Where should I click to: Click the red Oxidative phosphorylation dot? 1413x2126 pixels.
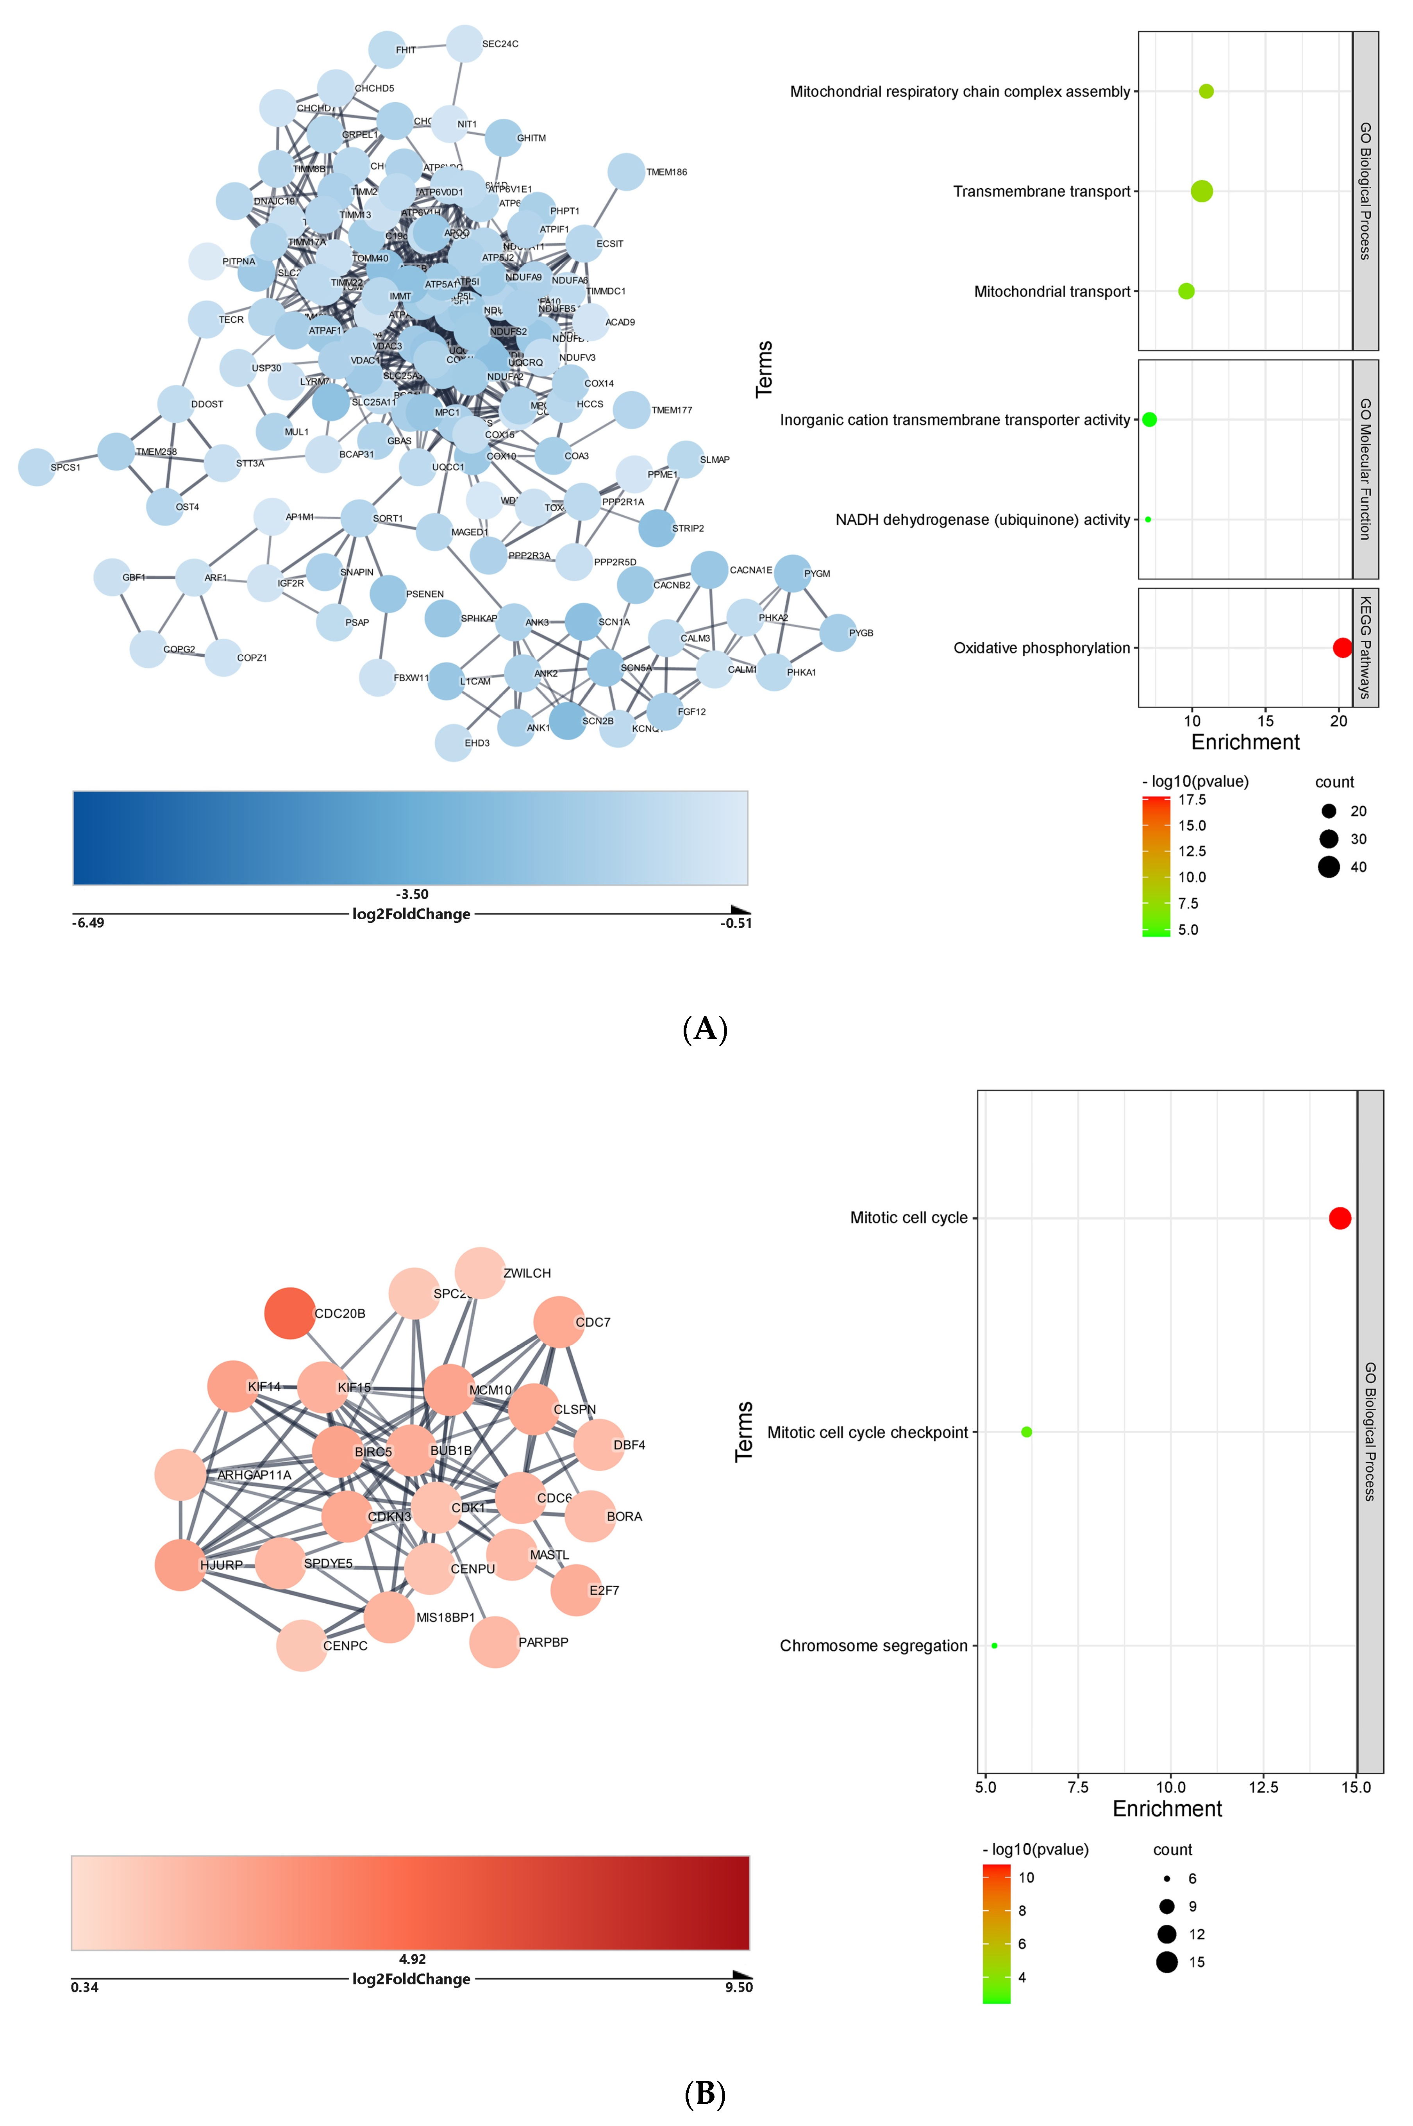click(1342, 648)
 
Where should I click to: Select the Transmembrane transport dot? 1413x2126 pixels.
click(1201, 191)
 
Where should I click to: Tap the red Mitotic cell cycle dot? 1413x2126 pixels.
click(1340, 1218)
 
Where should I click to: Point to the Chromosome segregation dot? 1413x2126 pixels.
click(994, 1645)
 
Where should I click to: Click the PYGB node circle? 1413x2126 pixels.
click(838, 632)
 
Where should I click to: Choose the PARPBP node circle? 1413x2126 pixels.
click(495, 1642)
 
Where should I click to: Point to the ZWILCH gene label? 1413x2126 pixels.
click(527, 1274)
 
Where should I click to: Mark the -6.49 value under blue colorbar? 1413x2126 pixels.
click(88, 923)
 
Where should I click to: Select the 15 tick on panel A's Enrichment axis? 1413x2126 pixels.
click(1265, 721)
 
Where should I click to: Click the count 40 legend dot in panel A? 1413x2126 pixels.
click(1328, 867)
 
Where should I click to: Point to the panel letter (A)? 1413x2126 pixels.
click(706, 1028)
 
